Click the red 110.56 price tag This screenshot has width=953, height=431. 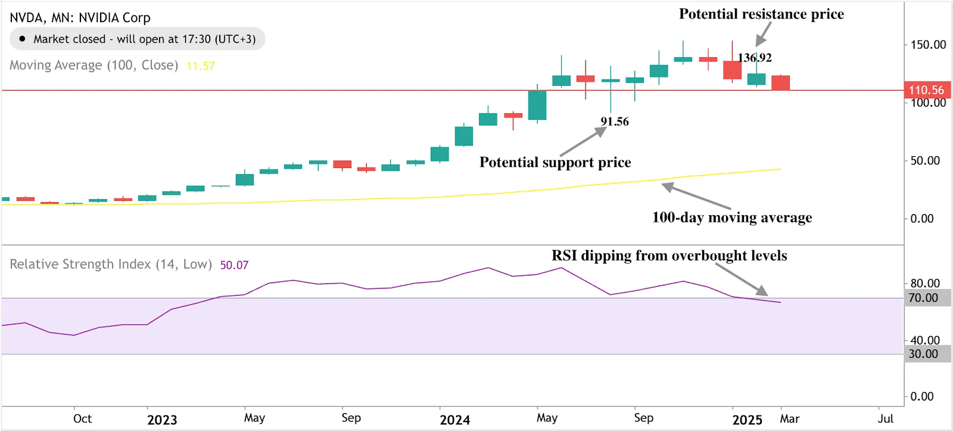point(927,90)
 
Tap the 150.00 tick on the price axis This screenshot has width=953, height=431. point(928,45)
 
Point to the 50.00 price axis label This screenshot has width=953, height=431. point(925,161)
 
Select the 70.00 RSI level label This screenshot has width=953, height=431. point(923,298)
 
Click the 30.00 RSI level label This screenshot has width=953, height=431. point(923,354)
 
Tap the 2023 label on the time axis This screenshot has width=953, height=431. point(162,420)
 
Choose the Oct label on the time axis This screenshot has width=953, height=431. point(82,418)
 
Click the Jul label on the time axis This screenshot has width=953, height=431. point(885,418)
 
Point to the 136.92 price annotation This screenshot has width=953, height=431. point(755,58)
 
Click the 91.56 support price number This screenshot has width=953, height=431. point(615,122)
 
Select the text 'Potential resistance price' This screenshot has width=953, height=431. point(761,14)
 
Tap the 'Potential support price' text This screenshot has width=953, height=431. point(555,162)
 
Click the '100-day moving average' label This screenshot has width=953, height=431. point(732,218)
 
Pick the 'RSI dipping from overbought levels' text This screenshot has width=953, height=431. point(669,256)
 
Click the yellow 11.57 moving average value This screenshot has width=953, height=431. point(201,66)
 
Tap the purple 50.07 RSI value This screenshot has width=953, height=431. point(234,265)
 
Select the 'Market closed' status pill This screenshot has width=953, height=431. point(138,39)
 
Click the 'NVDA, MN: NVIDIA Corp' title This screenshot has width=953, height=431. point(80,18)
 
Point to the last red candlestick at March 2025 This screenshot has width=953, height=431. point(780,83)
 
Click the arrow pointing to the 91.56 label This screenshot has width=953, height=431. point(583,143)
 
